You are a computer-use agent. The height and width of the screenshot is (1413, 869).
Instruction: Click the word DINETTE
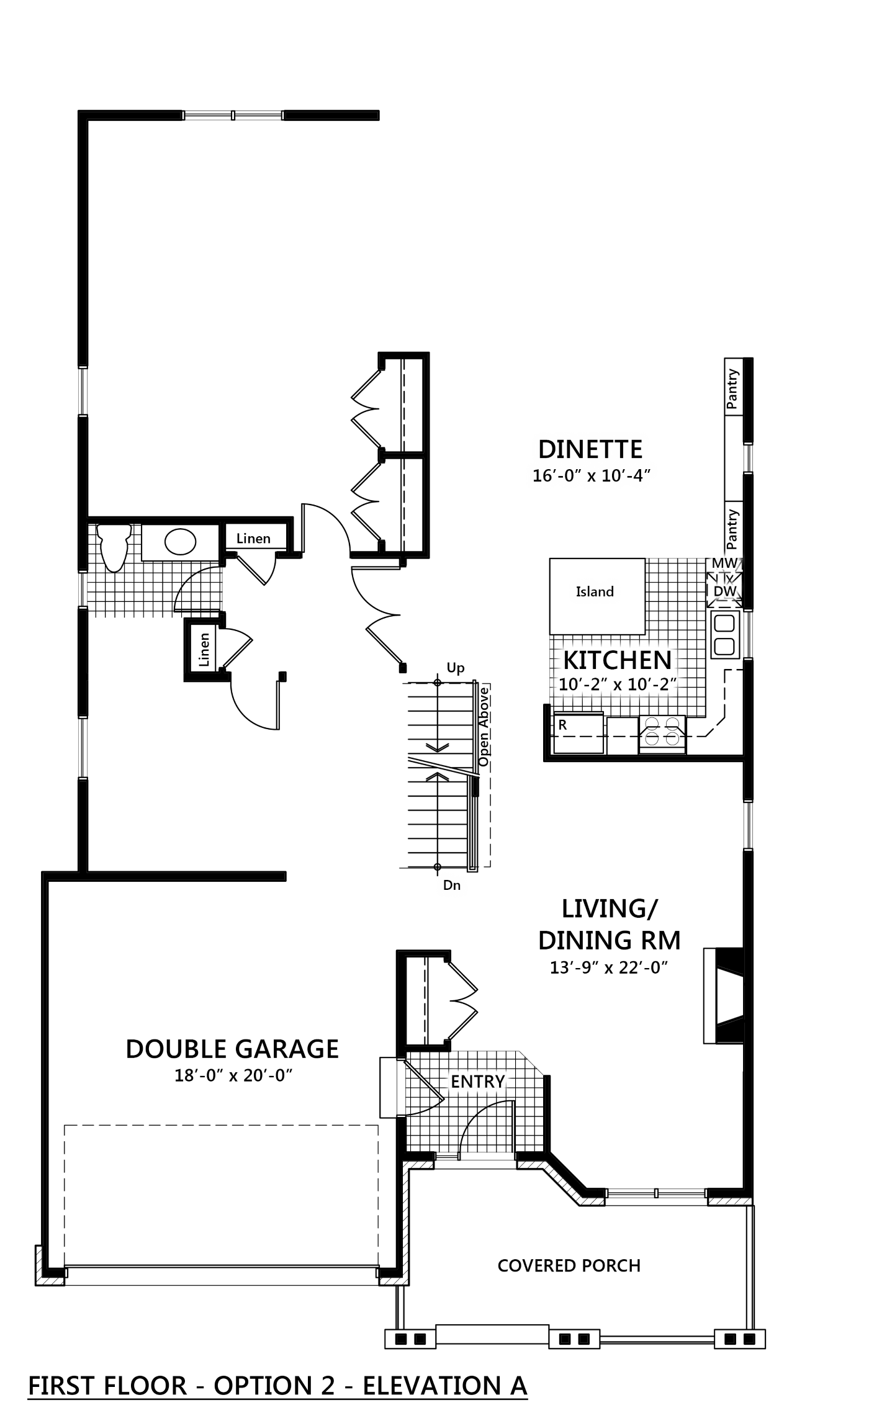[x=590, y=449]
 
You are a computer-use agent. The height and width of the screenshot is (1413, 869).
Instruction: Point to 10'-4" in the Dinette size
[x=626, y=476]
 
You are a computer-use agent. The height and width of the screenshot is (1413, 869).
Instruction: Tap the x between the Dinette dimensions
[x=592, y=477]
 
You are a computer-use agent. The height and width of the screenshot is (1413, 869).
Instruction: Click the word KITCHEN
[x=618, y=660]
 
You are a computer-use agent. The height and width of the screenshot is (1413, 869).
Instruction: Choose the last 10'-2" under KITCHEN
[x=652, y=685]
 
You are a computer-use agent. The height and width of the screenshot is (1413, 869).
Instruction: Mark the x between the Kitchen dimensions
[x=618, y=686]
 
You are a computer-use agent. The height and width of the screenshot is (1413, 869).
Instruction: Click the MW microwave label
[x=724, y=563]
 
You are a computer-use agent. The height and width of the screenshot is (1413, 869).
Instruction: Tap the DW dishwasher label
[x=724, y=591]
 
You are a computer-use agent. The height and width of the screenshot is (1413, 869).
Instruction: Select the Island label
[x=595, y=592]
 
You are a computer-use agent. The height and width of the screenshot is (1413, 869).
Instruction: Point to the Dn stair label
[x=452, y=886]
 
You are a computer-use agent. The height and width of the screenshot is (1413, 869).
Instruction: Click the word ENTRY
[x=477, y=1082]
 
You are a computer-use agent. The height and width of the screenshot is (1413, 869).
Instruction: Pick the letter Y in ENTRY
[x=499, y=1082]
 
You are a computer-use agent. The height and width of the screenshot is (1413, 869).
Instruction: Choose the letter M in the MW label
[x=718, y=563]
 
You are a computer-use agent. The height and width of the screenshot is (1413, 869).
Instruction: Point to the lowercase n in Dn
[x=457, y=886]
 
